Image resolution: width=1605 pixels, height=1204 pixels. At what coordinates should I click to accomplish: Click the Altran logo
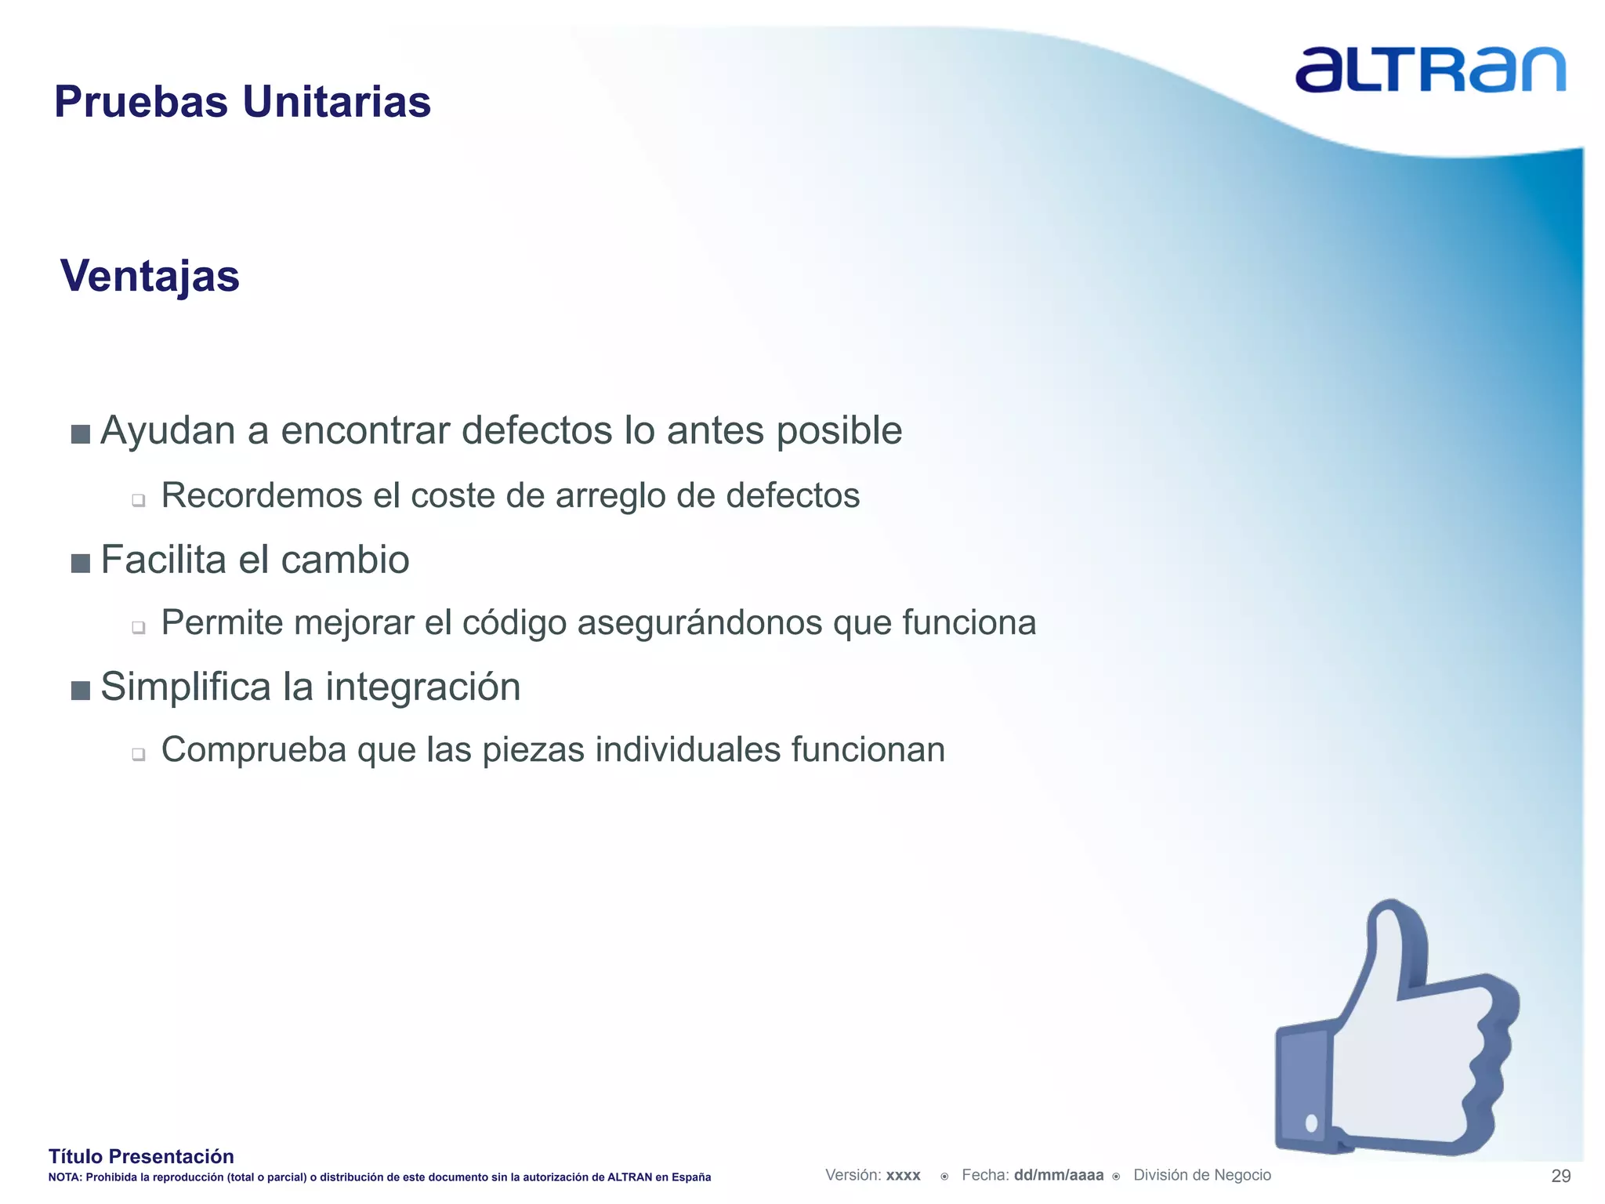click(1429, 70)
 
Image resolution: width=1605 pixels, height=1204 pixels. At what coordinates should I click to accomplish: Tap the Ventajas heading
click(150, 277)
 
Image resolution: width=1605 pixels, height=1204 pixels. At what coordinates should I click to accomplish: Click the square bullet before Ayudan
click(80, 434)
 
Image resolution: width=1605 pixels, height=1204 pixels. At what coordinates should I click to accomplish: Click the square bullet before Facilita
click(80, 564)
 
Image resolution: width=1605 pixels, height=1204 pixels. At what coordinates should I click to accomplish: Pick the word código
click(513, 624)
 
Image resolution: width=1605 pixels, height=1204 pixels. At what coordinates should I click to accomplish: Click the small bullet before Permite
click(139, 627)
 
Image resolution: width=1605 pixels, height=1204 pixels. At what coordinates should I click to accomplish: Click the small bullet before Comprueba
click(139, 754)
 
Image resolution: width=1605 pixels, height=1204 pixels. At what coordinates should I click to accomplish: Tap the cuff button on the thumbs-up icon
click(1311, 1123)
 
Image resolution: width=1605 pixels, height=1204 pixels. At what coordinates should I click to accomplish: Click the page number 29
click(1560, 1176)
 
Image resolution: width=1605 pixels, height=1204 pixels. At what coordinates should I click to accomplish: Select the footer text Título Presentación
click(141, 1156)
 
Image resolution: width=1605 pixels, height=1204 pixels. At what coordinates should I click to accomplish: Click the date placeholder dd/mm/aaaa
click(1058, 1175)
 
